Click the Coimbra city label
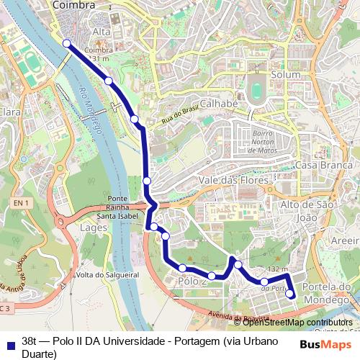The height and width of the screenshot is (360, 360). tap(73, 6)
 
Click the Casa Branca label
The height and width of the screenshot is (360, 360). tap(317, 165)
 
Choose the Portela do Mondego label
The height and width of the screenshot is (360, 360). tap(327, 292)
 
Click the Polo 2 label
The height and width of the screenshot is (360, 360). tap(192, 282)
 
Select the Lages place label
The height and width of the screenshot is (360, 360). tap(95, 228)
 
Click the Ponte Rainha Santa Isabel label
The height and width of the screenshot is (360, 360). tap(117, 207)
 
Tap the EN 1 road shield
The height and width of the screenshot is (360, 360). tap(20, 204)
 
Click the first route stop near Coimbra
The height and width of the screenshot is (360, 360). tap(67, 44)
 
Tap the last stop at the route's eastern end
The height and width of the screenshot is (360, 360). tap(290, 293)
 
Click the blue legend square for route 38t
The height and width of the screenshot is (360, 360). tap(9, 343)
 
